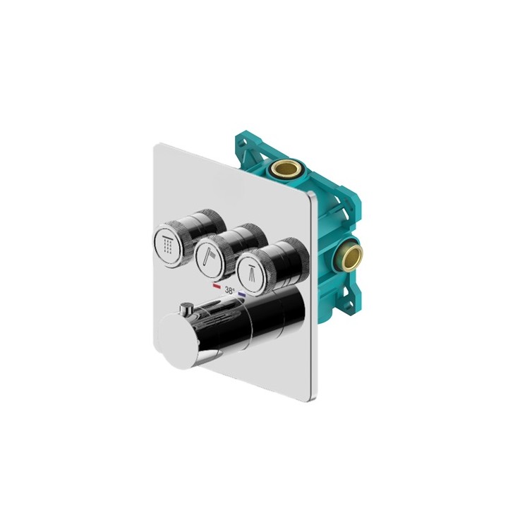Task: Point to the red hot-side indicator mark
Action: (x=217, y=287)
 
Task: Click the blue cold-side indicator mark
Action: (x=242, y=293)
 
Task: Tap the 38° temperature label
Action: (x=229, y=290)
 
